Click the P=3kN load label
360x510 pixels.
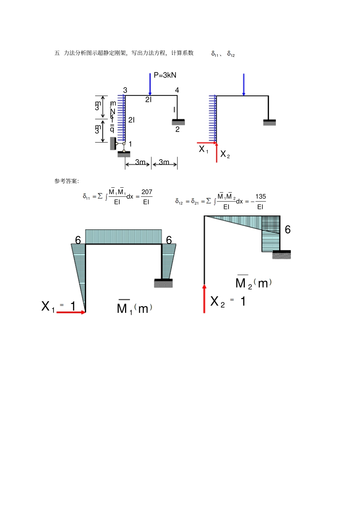pyautogui.click(x=165, y=75)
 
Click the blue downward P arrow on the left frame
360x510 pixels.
pyautogui.click(x=150, y=84)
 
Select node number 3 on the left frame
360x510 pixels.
pyautogui.click(x=125, y=90)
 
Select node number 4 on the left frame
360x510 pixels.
pyautogui.click(x=177, y=90)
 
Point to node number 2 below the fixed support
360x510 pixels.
pyautogui.click(x=177, y=129)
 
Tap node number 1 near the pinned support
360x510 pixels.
pyautogui.click(x=130, y=144)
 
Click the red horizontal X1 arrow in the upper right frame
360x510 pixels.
pyautogui.click(x=207, y=143)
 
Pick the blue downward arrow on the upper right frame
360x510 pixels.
pyautogui.click(x=243, y=84)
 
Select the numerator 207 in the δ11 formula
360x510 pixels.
pyautogui.click(x=147, y=192)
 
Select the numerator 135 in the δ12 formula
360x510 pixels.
pyautogui.click(x=260, y=197)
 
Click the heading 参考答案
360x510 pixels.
pyautogui.click(x=66, y=181)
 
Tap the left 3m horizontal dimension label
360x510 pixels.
pyautogui.click(x=140, y=162)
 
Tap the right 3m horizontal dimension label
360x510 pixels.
pyautogui.click(x=164, y=162)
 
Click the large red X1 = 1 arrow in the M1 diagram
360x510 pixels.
pyautogui.click(x=71, y=312)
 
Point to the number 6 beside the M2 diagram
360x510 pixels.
pyautogui.click(x=288, y=230)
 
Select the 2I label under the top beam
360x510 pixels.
pyautogui.click(x=148, y=100)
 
